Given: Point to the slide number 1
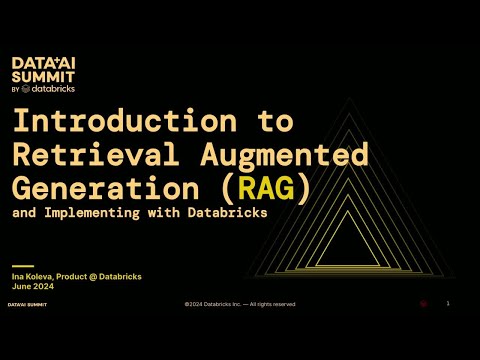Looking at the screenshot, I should (x=448, y=303).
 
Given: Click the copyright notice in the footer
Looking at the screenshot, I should (x=239, y=303).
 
